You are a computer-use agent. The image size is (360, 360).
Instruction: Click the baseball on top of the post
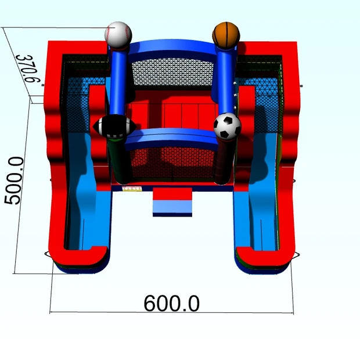(x=118, y=35)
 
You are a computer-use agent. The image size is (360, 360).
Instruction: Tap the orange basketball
(x=226, y=35)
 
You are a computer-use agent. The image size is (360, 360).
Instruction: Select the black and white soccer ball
(x=227, y=126)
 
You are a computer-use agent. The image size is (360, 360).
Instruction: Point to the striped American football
(x=114, y=127)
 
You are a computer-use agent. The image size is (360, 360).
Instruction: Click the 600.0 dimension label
(x=171, y=304)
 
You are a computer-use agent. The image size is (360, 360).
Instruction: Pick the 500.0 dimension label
(x=14, y=181)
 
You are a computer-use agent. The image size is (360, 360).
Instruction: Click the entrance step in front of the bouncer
(x=172, y=202)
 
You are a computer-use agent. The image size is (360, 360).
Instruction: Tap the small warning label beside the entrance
(x=132, y=189)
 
